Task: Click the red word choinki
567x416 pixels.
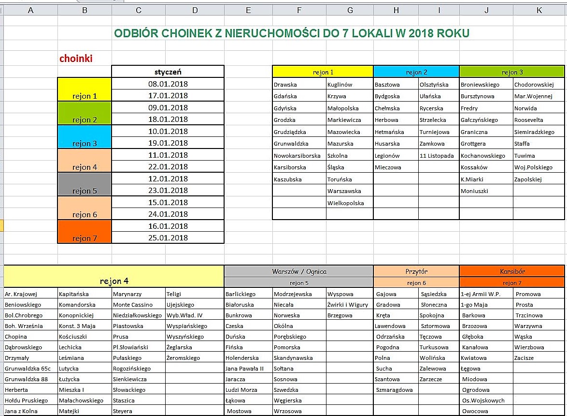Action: coord(76,59)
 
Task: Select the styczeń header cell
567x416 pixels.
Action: coord(168,72)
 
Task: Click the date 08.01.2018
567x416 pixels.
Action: coord(168,84)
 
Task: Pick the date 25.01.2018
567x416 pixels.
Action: coord(168,238)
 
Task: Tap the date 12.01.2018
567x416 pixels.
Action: coord(168,178)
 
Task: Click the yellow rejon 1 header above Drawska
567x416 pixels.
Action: coord(323,72)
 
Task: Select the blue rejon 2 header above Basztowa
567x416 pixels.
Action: coord(416,72)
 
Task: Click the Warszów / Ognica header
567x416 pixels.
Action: coord(298,271)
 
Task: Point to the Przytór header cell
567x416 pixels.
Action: coord(416,271)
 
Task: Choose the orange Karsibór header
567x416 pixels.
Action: coord(512,271)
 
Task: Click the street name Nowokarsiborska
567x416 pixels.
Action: coord(297,156)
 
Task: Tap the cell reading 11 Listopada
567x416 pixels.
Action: coord(437,156)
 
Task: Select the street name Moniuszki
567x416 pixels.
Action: coord(474,191)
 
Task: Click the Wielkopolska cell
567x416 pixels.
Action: coord(345,203)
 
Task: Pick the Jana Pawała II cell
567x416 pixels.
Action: coord(244,369)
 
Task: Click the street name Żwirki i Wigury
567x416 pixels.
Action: coord(348,305)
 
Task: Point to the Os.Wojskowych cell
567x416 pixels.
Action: coord(483,401)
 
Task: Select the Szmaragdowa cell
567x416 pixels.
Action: coord(395,390)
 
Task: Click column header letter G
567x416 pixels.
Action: coord(350,10)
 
